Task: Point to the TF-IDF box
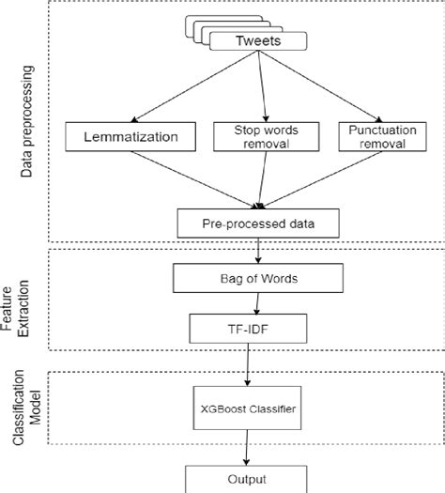[247, 328]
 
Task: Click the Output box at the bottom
[247, 477]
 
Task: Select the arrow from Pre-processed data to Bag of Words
[256, 251]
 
